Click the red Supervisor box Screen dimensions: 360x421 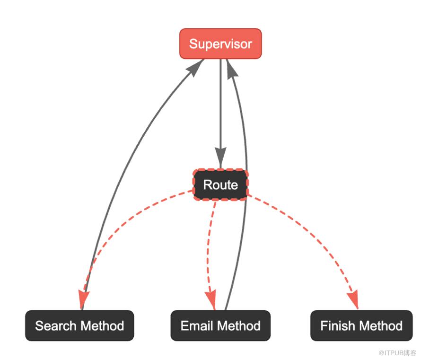pyautogui.click(x=220, y=44)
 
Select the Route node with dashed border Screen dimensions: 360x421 pyautogui.click(x=220, y=184)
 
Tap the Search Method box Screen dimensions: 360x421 pyautogui.click(x=79, y=325)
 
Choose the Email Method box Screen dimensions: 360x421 pyautogui.click(x=220, y=325)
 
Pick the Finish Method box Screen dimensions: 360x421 pyautogui.click(x=361, y=325)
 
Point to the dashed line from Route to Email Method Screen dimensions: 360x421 pyautogui.click(x=208, y=246)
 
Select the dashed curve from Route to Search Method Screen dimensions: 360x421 pyautogui.click(x=123, y=222)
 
